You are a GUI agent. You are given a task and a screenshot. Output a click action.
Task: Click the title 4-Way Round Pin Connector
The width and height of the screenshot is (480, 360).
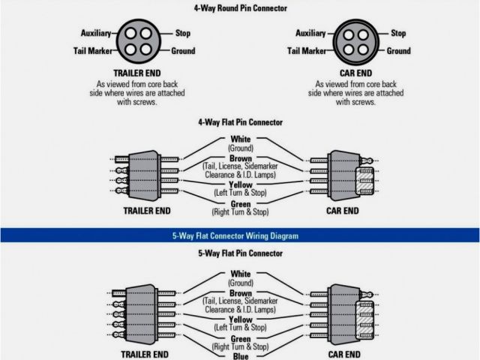[240, 7]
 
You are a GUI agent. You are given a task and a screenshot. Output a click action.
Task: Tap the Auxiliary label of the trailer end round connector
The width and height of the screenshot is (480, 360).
[96, 34]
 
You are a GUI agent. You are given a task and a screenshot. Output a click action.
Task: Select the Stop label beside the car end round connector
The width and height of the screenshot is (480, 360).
[397, 34]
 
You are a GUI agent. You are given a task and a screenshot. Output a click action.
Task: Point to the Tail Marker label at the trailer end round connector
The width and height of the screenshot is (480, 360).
[93, 51]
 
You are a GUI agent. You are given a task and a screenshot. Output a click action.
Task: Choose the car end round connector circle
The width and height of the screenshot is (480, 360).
[357, 43]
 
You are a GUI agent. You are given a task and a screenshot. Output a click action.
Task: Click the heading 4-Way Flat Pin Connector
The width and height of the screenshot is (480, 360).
[240, 121]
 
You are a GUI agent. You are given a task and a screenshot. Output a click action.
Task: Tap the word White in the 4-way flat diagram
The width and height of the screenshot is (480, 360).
[241, 139]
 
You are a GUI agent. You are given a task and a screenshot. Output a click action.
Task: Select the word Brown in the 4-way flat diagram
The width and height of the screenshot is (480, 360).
[241, 158]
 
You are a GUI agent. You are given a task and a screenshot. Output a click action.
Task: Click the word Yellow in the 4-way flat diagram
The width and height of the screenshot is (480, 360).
[241, 184]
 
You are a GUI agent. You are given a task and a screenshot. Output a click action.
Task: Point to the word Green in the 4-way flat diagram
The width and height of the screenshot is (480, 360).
[241, 203]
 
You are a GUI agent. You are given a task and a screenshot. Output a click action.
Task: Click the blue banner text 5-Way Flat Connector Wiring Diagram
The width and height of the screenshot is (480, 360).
[240, 235]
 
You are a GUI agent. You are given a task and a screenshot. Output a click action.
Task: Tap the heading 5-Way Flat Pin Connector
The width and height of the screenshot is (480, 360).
[240, 254]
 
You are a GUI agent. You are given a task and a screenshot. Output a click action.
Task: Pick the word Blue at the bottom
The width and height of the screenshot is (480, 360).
[241, 355]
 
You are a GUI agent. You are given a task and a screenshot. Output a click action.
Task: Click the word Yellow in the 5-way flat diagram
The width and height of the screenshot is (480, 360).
[241, 319]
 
